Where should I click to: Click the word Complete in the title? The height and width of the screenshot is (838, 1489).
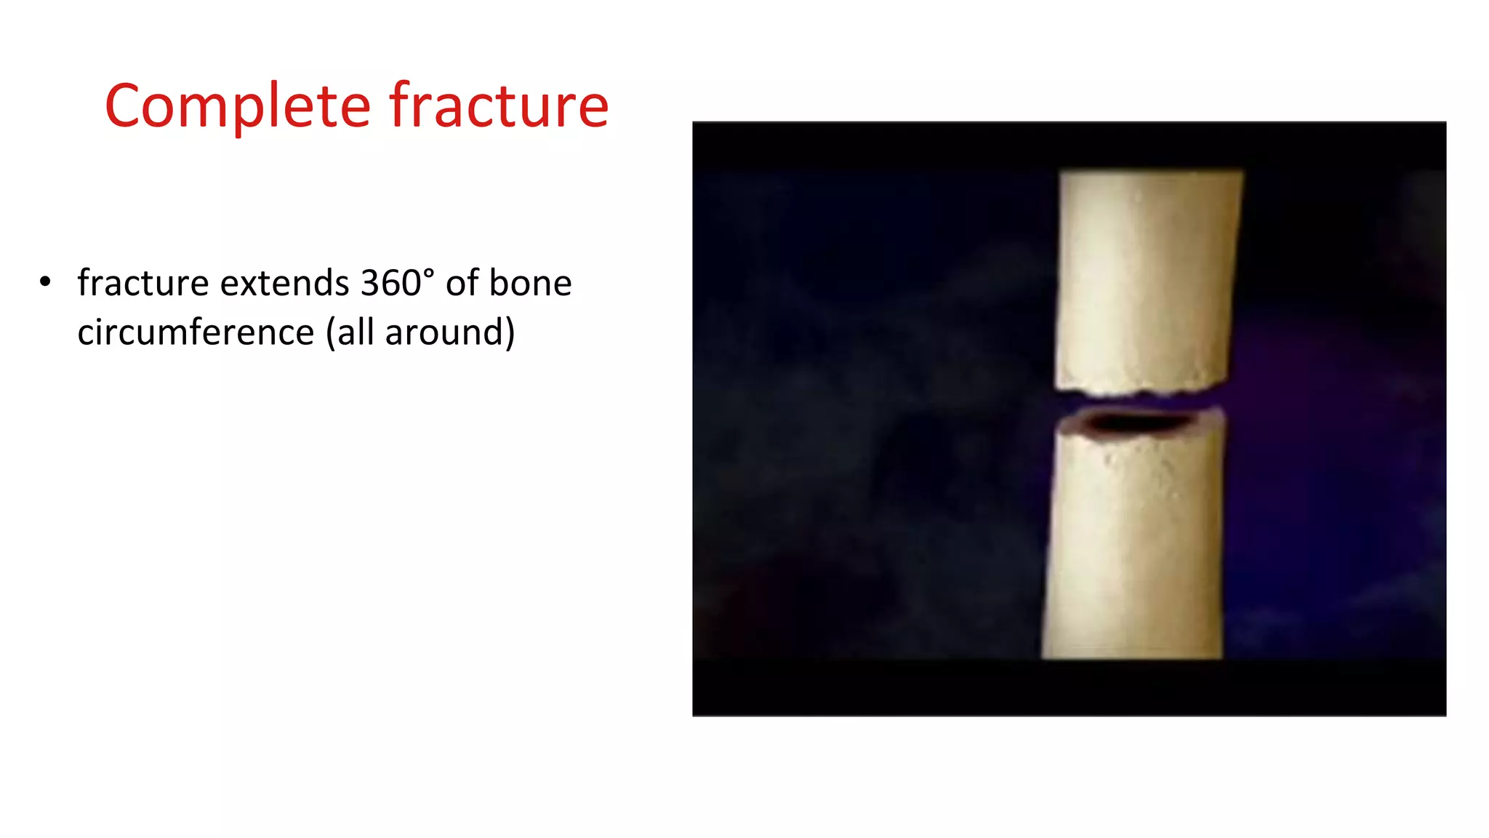pyautogui.click(x=238, y=106)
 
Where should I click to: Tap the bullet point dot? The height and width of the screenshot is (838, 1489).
pyautogui.click(x=46, y=282)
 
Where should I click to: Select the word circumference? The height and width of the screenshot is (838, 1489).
pyautogui.click(x=196, y=332)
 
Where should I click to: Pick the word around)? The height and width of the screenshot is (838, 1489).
pyautogui.click(x=450, y=332)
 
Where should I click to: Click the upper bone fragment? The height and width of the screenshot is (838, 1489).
pyautogui.click(x=1147, y=276)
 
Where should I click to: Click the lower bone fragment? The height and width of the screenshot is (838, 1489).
pyautogui.click(x=1134, y=546)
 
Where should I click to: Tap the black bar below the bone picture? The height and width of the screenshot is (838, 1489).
pyautogui.click(x=1069, y=687)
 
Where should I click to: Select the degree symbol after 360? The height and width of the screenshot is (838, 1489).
pyautogui.click(x=429, y=273)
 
